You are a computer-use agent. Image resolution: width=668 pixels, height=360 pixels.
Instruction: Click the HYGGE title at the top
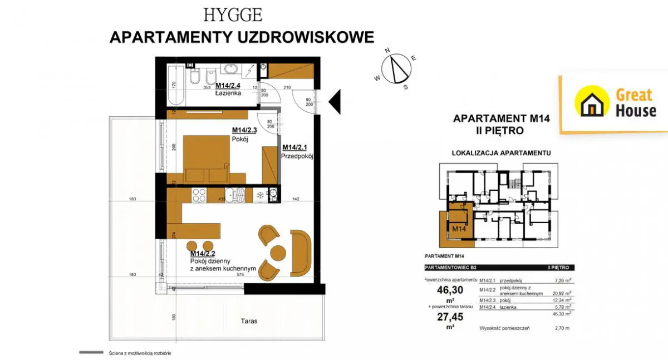pyautogui.click(x=233, y=14)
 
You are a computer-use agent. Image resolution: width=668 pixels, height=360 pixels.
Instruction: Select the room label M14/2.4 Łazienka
pyautogui.click(x=228, y=89)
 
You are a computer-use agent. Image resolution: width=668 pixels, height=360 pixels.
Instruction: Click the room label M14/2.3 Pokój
pyautogui.click(x=244, y=135)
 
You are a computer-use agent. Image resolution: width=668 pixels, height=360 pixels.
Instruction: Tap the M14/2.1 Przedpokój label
pyautogui.click(x=298, y=151)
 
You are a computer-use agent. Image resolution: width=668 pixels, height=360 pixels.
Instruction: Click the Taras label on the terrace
pyautogui.click(x=249, y=321)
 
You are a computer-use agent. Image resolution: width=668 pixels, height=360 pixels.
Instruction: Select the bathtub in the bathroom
pyautogui.click(x=174, y=85)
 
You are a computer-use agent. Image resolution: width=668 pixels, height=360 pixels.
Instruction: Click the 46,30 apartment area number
pyautogui.click(x=449, y=290)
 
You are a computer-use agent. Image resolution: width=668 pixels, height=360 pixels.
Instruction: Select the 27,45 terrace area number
pyautogui.click(x=449, y=317)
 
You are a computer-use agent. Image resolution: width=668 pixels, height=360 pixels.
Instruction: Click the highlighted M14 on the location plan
pyautogui.click(x=458, y=228)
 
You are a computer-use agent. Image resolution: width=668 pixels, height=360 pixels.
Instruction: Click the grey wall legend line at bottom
pyautogui.click(x=91, y=352)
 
